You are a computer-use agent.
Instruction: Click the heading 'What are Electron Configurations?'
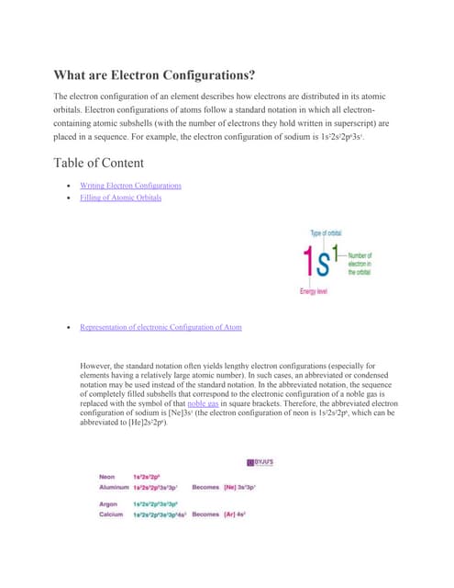pos(153,75)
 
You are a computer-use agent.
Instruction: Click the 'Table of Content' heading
pos(98,164)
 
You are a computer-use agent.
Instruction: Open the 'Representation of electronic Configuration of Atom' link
pos(161,326)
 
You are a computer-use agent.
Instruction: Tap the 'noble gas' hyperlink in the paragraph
pos(203,403)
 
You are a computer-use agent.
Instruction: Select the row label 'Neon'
pos(108,477)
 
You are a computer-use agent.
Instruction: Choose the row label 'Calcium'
pos(112,514)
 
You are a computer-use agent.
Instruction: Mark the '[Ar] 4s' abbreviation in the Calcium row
pos(236,514)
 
